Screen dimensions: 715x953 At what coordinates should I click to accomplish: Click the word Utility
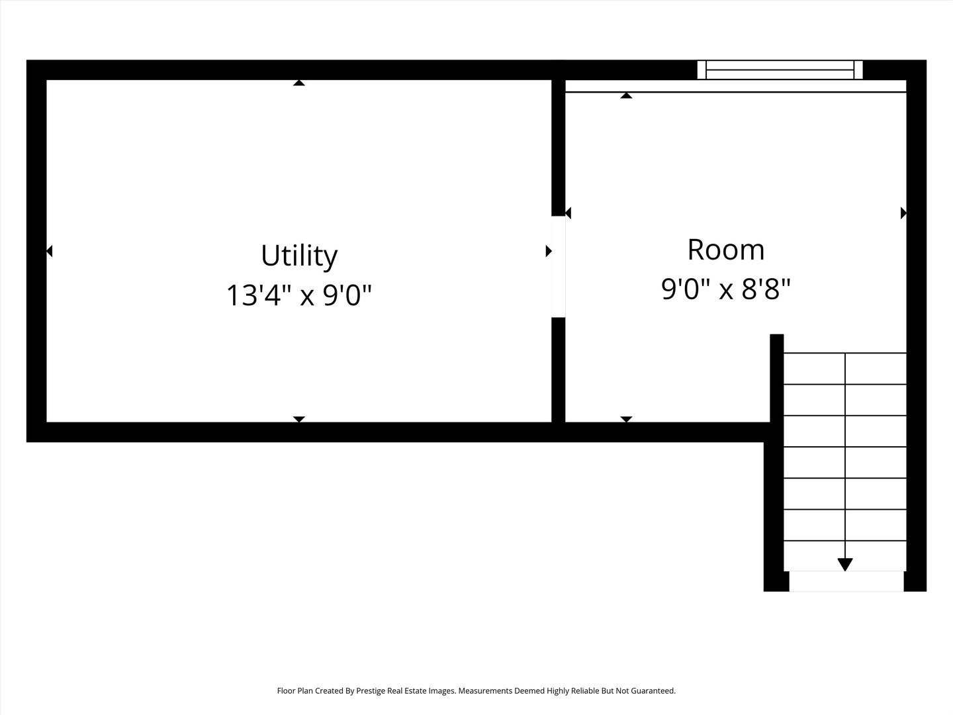tap(299, 256)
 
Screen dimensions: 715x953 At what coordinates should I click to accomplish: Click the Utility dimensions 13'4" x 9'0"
tap(299, 295)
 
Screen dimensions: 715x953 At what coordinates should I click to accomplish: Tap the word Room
tap(726, 250)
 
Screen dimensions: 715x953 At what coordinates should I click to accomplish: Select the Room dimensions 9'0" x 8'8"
tap(726, 289)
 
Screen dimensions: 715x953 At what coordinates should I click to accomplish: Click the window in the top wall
tap(780, 70)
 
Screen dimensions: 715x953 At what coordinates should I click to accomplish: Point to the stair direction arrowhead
tap(845, 564)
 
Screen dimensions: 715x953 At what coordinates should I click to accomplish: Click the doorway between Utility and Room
tap(559, 267)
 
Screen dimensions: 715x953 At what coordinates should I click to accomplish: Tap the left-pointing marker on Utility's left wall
tap(50, 251)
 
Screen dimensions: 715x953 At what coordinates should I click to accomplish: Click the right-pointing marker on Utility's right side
tap(548, 251)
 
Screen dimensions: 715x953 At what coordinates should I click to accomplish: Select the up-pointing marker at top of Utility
tap(299, 83)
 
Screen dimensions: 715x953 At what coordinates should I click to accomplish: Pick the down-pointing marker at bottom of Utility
tap(299, 419)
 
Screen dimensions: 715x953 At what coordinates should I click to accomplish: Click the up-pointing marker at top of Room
tap(626, 96)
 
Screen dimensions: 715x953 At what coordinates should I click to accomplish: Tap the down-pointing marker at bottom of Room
tap(626, 419)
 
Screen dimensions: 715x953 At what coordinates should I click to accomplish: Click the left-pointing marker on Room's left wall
tap(568, 213)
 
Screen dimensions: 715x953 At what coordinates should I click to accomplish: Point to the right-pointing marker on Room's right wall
tap(903, 213)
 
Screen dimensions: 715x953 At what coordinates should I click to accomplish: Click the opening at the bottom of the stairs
tap(846, 581)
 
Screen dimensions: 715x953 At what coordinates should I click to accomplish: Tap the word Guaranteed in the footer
tap(653, 691)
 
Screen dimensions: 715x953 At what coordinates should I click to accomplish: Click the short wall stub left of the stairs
tap(777, 377)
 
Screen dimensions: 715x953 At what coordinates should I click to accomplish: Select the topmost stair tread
tap(845, 368)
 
